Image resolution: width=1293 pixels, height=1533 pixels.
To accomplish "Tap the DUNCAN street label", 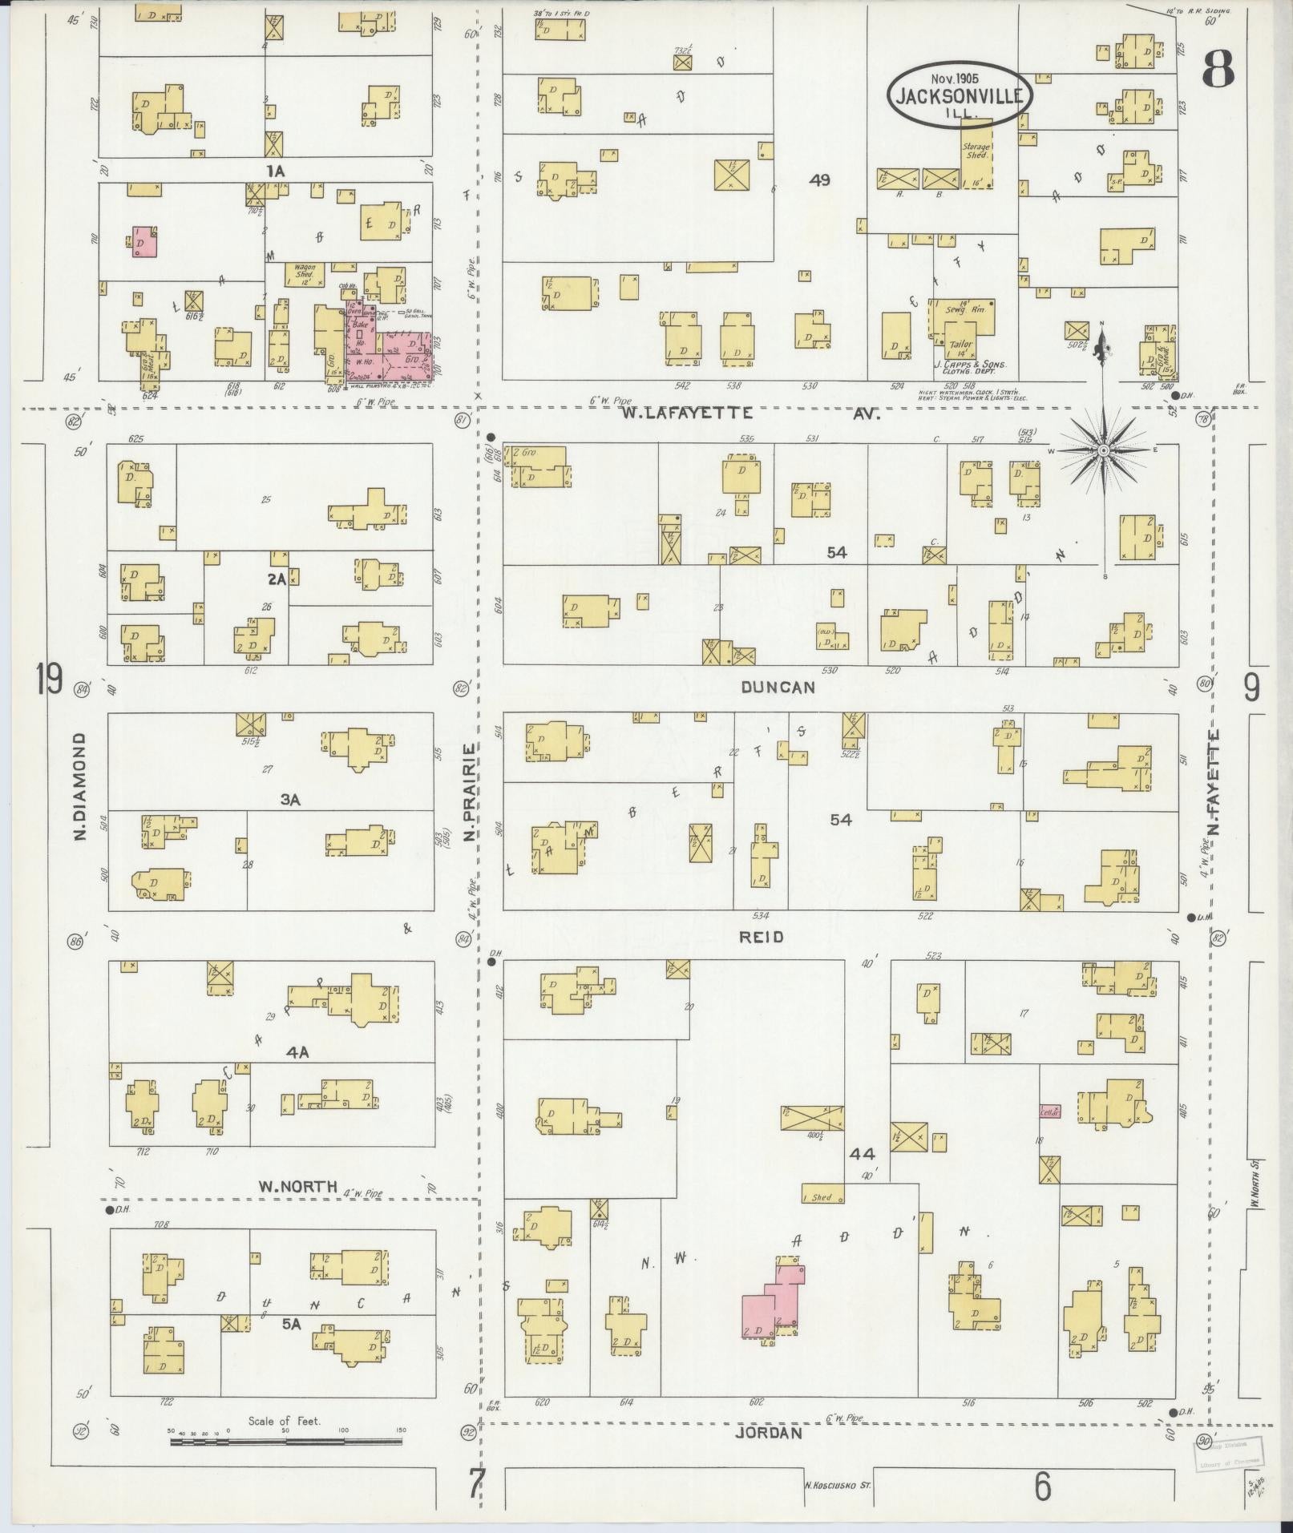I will [778, 688].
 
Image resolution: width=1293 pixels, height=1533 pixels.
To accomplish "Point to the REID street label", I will [762, 937].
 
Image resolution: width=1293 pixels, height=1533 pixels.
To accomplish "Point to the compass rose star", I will [1103, 451].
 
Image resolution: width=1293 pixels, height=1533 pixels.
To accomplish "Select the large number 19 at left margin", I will [49, 681].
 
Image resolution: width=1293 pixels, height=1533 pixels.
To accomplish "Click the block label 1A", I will [277, 170].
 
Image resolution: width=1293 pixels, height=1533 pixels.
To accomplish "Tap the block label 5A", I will [290, 1325].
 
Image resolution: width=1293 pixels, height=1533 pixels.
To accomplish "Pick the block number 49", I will [819, 180].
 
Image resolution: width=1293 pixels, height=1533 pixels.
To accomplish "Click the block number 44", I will [863, 1155].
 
